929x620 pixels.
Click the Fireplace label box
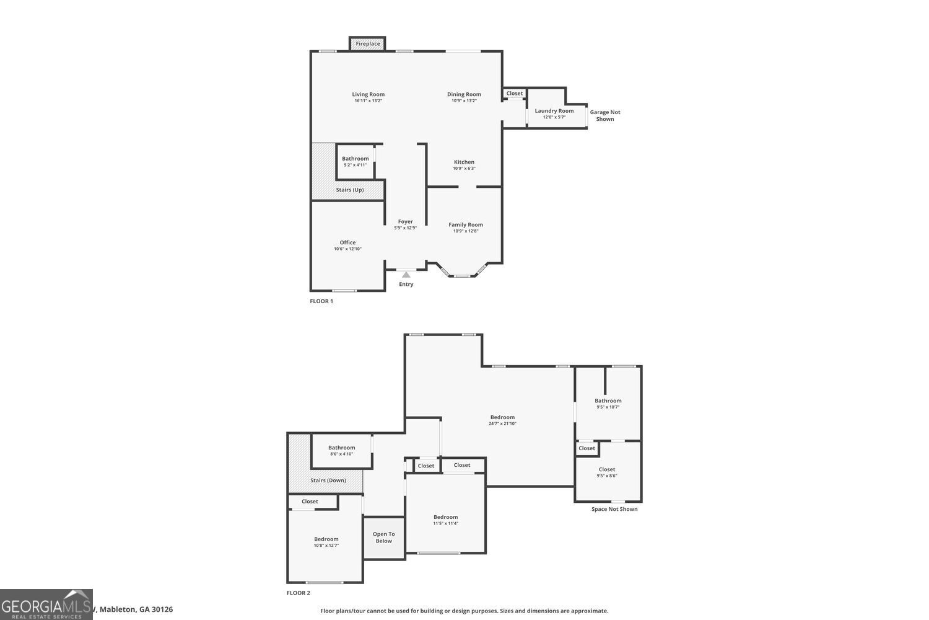(x=367, y=44)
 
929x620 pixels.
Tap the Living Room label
(x=369, y=94)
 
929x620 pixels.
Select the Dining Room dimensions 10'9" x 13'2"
(x=464, y=100)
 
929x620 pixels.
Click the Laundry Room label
(x=554, y=111)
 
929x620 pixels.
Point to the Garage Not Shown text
(x=604, y=115)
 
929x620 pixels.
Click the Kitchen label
(x=464, y=162)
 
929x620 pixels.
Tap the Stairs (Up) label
(x=350, y=190)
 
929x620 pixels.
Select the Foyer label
(x=406, y=221)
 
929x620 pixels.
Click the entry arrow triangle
(x=406, y=274)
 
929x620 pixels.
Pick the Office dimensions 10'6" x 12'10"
(x=347, y=249)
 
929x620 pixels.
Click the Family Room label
(x=466, y=224)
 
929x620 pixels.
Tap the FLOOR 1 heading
(x=321, y=301)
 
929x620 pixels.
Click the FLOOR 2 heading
(x=298, y=593)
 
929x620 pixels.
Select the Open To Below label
(x=383, y=538)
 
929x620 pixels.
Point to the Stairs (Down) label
(x=328, y=480)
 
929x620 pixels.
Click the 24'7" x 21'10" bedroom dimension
(x=502, y=423)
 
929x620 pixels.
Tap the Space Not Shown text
(x=614, y=509)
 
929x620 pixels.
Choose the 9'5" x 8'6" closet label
(x=607, y=469)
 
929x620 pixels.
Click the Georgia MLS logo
(x=46, y=604)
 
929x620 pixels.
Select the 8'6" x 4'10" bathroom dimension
(x=341, y=454)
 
